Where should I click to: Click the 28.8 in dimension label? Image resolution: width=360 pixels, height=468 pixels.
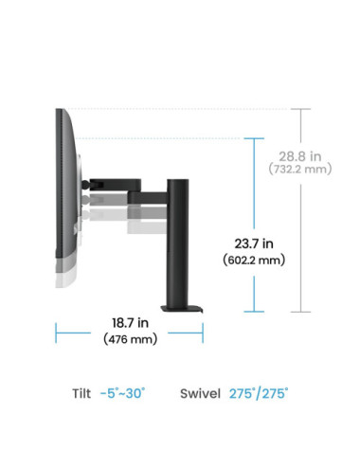pyautogui.click(x=299, y=156)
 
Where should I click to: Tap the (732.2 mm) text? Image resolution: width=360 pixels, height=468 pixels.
pyautogui.click(x=300, y=169)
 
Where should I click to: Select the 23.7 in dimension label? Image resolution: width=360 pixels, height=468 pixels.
pyautogui.click(x=254, y=243)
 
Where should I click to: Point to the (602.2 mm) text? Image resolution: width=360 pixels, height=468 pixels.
pyautogui.click(x=254, y=261)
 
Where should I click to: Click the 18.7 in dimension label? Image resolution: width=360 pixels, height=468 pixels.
pyautogui.click(x=130, y=323)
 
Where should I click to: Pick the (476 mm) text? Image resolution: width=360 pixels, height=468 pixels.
pyautogui.click(x=130, y=339)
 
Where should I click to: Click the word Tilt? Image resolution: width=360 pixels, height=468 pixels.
pyautogui.click(x=81, y=393)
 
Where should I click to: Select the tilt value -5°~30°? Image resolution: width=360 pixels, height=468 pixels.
pyautogui.click(x=122, y=393)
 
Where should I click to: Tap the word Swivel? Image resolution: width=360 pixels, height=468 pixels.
pyautogui.click(x=200, y=393)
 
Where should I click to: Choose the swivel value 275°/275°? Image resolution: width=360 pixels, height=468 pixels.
pyautogui.click(x=259, y=393)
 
